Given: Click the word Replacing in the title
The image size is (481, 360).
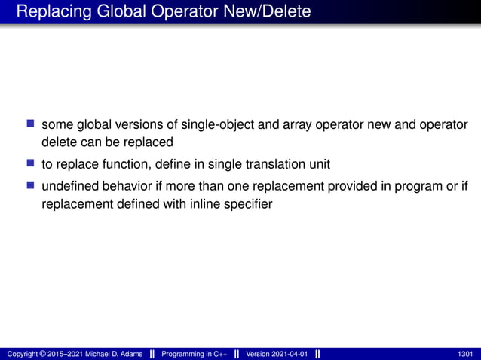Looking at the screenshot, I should [x=47, y=12].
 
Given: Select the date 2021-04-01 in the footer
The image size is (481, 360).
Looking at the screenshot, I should [x=287, y=354].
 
